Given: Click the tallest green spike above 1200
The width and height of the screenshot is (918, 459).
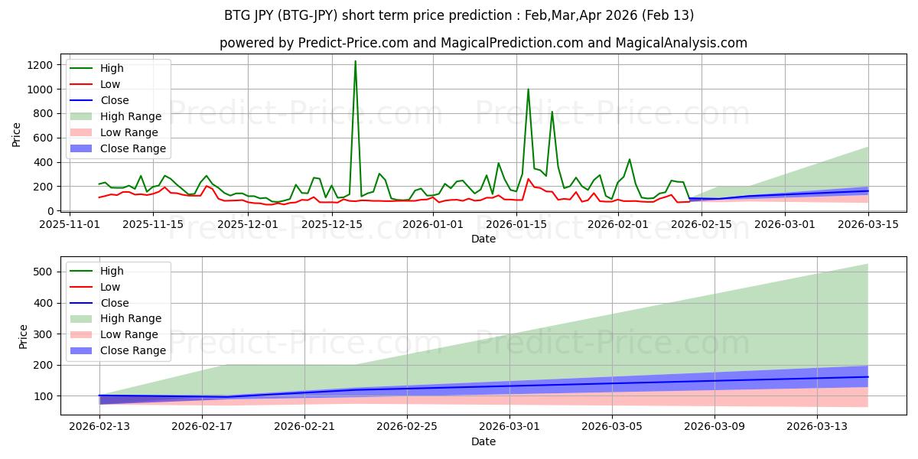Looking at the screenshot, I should click(355, 62).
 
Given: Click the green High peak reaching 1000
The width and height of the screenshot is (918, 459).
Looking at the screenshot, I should click(528, 90).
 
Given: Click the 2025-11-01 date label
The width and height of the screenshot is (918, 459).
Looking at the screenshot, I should click(70, 224).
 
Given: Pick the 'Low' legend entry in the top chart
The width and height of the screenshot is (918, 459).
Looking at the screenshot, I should click(111, 84).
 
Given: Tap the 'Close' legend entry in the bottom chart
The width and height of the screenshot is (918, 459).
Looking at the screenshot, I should click(115, 303).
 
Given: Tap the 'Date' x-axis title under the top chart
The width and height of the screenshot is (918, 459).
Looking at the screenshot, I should click(483, 239).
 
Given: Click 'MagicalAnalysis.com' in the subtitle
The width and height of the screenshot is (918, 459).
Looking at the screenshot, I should click(684, 44).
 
